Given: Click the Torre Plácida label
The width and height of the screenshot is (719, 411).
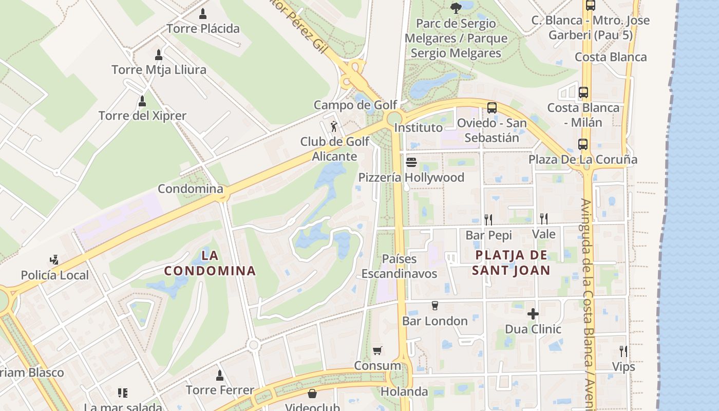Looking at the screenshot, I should pos(203,28).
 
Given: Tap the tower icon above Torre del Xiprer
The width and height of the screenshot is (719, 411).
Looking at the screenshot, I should pos(142,101).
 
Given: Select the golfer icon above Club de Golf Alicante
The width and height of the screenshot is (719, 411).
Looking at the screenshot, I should pos(334,126).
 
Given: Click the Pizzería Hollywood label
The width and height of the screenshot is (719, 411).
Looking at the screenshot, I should pos(411,177).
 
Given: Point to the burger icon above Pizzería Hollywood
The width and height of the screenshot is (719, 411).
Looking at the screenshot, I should pos(411,163).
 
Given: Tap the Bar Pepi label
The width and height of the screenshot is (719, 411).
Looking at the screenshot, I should pos(488,235).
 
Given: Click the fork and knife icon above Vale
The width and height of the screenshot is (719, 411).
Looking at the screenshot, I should pos(543,219).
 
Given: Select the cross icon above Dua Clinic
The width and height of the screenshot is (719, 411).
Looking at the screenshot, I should pos(533,313).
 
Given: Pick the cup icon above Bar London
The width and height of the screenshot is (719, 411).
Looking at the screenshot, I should pos(434,306).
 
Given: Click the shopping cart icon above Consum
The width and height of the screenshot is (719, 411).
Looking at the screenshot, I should pos(377,351).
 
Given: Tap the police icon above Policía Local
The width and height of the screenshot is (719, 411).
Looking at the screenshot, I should pos(54,259).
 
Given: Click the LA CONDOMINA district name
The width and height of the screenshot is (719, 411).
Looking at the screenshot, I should pos(210,263).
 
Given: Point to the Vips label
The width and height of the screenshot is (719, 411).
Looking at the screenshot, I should pos(623,367).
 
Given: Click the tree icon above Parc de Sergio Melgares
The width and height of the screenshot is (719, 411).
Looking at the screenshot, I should pos(456,8).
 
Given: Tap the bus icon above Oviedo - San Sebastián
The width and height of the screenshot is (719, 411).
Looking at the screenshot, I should pos(491,108).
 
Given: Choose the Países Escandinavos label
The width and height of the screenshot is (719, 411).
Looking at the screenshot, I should pos(399,266).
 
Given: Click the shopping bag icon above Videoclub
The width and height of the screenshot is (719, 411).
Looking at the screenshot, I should pos(312,394).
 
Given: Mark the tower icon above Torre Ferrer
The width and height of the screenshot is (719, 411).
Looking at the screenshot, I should pos(220,376).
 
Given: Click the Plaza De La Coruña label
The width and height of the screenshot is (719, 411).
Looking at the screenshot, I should pos(583,159).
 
